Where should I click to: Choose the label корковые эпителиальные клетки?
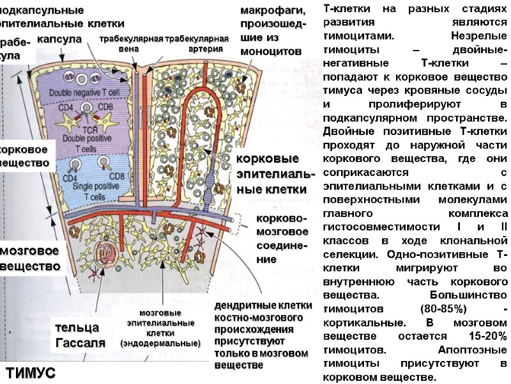tap(275, 173)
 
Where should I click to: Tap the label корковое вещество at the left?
tap(27, 156)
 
